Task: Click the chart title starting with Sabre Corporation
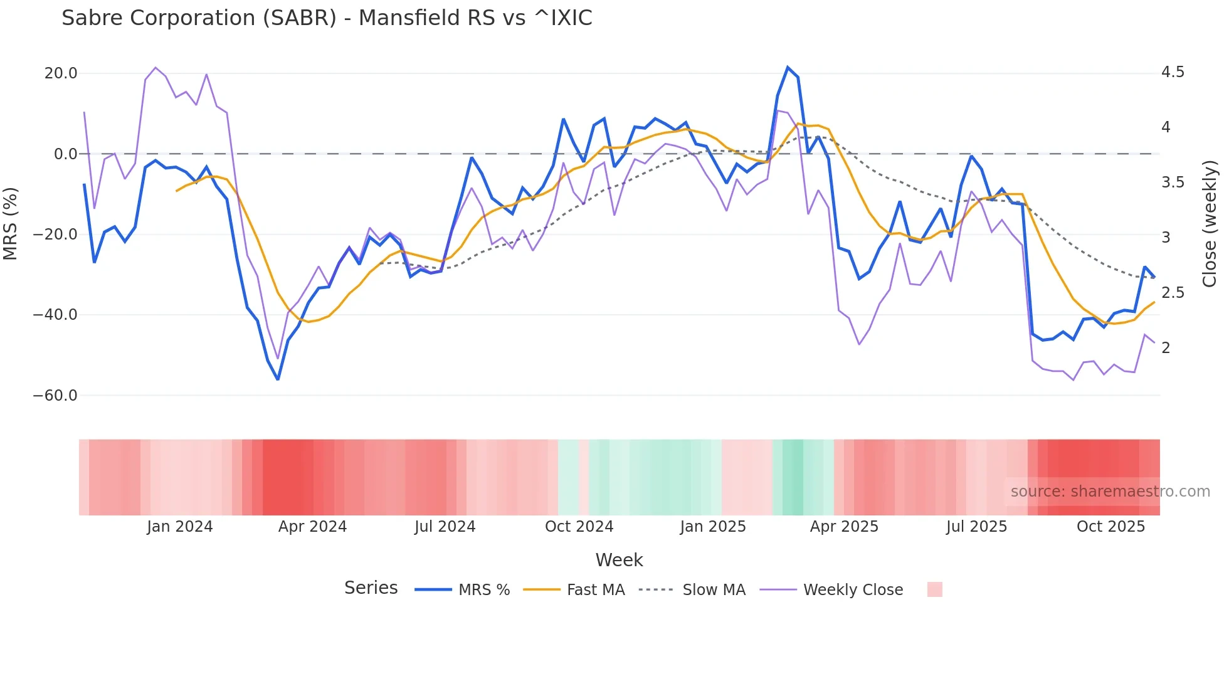[327, 18]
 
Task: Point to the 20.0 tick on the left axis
[61, 73]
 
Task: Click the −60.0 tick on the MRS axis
[55, 396]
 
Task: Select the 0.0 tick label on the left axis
[66, 154]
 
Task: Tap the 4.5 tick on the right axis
[1173, 73]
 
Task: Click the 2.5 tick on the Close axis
[1173, 293]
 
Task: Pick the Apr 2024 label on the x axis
[312, 527]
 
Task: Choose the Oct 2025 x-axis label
[1110, 527]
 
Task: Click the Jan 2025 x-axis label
[713, 527]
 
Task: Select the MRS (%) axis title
[11, 223]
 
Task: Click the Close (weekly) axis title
[1210, 223]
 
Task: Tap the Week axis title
[619, 560]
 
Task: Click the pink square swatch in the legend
[934, 589]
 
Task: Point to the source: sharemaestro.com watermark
[1110, 492]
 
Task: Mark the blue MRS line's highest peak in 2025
[788, 67]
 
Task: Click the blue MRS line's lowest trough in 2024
[278, 379]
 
